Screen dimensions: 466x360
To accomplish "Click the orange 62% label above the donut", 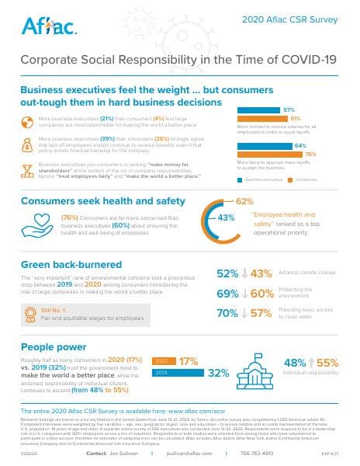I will point(244,200).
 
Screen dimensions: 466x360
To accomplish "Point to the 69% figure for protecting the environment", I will point(227,294).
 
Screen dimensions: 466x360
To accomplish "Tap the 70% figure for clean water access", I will point(227,314).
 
